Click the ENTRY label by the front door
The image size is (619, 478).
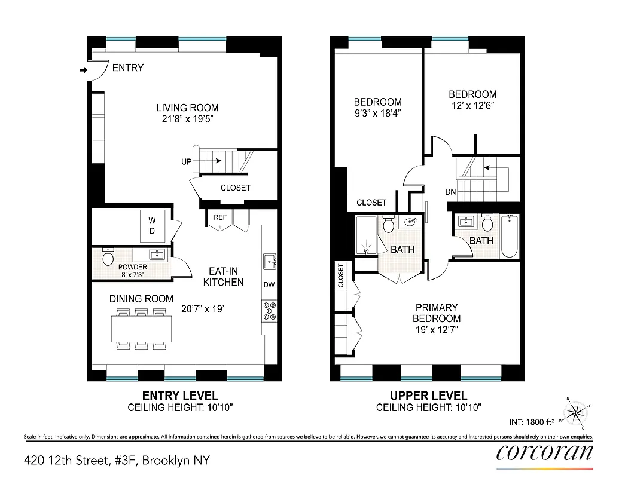pos(128,68)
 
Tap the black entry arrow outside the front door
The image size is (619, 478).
pos(83,71)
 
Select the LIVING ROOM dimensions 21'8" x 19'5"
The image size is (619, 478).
pos(187,119)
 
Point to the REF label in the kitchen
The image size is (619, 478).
pos(220,217)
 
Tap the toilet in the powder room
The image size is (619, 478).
pos(108,258)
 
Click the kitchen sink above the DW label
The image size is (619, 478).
pos(269,262)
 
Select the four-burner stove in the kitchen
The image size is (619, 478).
pos(269,310)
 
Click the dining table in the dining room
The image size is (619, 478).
pos(141,329)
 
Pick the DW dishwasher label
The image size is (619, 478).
pos(269,285)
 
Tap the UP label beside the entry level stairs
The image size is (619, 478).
pos(187,162)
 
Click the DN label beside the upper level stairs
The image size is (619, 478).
pos(452,192)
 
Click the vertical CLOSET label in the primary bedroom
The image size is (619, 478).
pos(341,276)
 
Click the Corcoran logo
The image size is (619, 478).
pos(544,452)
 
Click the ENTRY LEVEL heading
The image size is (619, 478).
pos(179,396)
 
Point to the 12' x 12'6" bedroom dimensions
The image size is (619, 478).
pos(472,105)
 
